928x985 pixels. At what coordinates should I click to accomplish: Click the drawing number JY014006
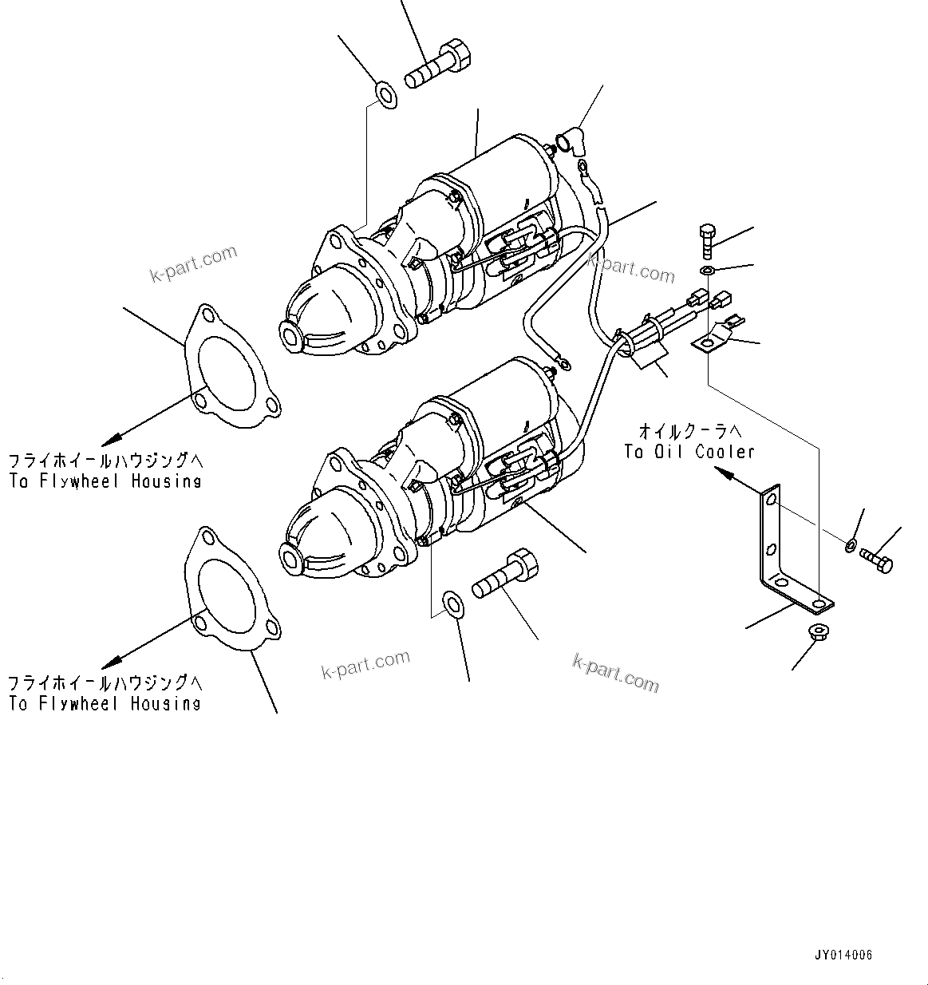point(843,955)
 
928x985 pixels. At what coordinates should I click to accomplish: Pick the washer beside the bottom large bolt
point(452,603)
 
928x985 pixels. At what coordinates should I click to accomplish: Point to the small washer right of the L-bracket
point(850,546)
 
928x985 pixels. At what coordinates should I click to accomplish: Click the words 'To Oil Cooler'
point(689,452)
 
